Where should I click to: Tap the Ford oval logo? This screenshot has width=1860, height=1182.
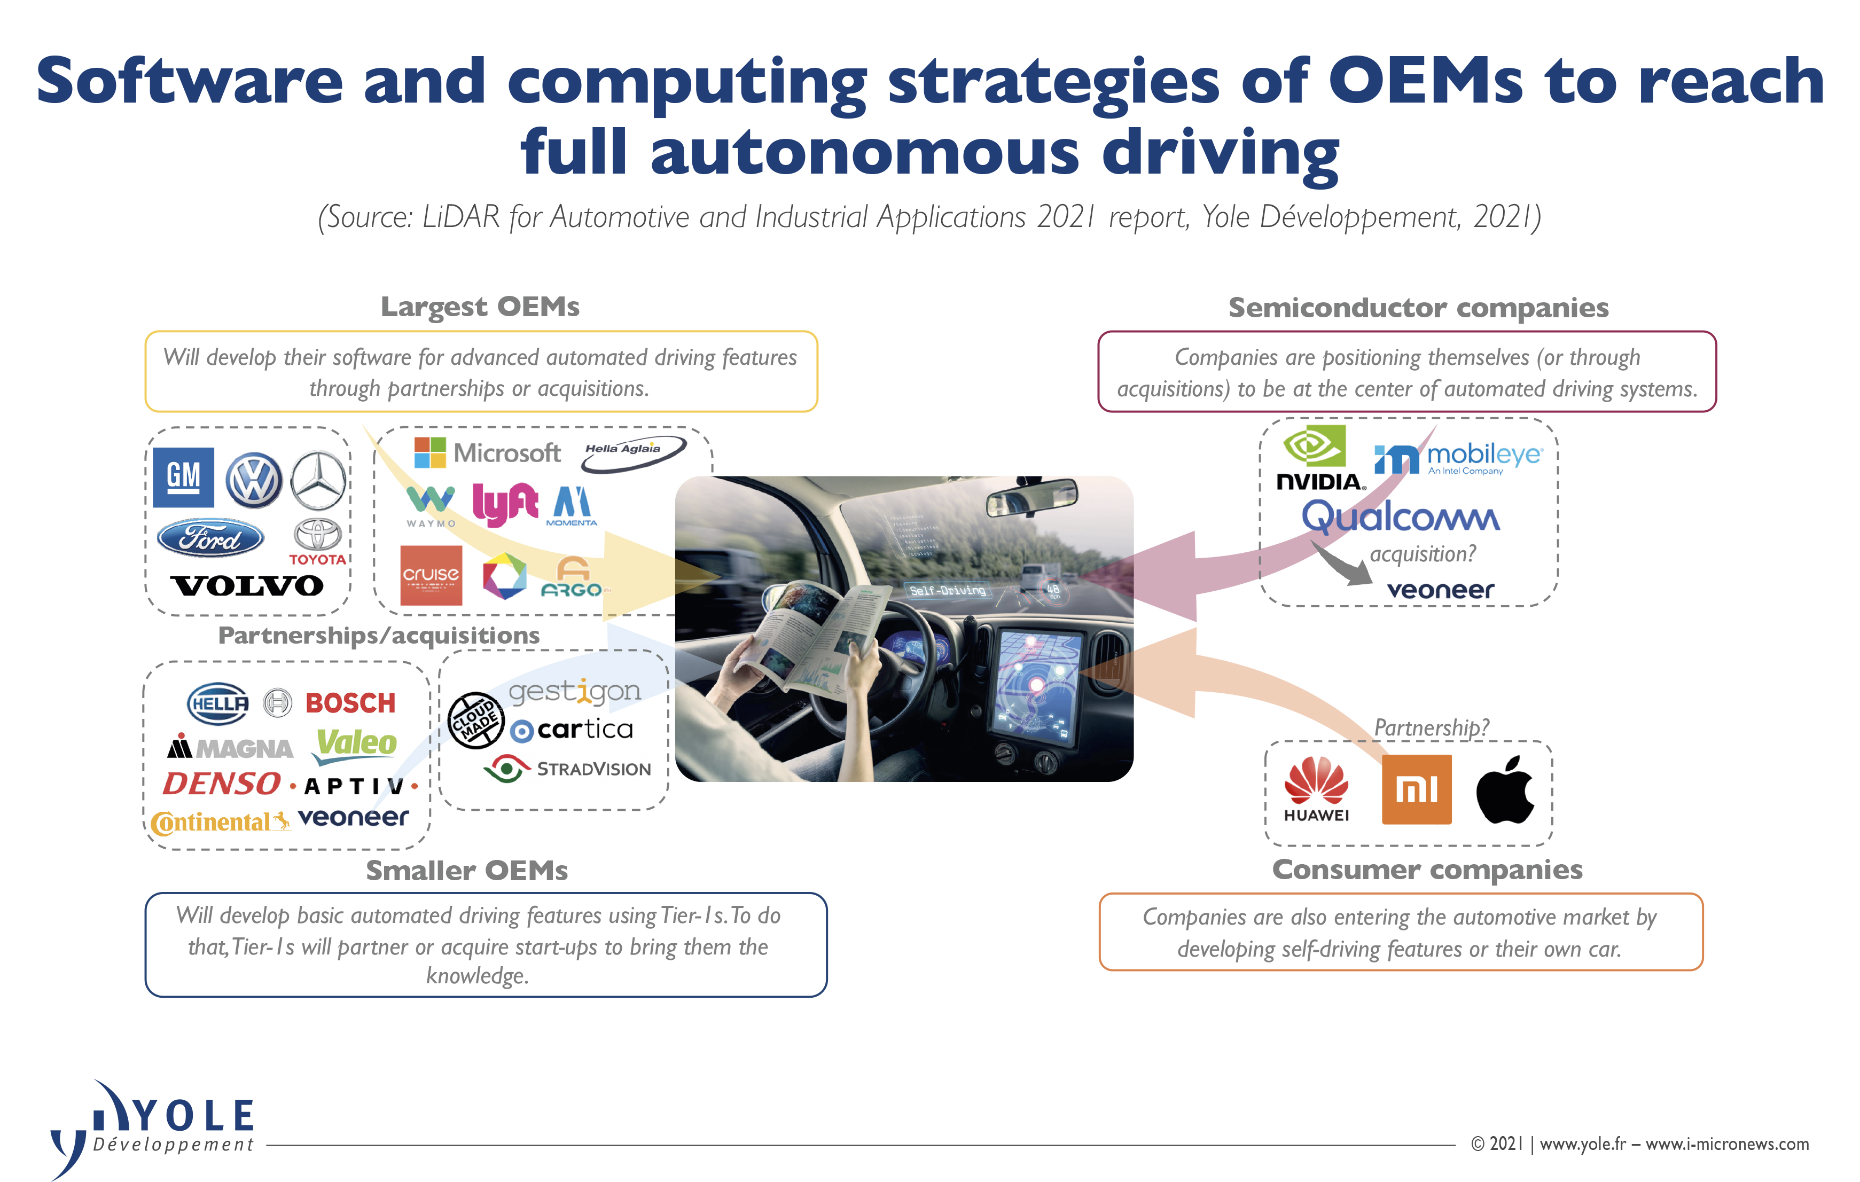pos(210,538)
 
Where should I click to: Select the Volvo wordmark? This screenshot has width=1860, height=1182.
pos(247,585)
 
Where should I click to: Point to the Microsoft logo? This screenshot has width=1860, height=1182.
pos(487,453)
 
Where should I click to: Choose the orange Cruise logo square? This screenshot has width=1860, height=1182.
pos(431,576)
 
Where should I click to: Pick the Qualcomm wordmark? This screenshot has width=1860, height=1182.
pos(1401,517)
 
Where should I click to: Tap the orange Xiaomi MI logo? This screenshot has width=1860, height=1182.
pos(1416,789)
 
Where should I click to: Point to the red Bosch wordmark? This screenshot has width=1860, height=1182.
pos(350,703)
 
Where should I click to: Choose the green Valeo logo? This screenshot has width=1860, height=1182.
pos(356,744)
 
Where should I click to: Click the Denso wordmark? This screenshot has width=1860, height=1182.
pos(222,784)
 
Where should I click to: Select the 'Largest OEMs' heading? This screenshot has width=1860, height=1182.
pos(480,307)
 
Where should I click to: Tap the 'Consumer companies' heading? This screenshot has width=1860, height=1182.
pos(1427,870)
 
